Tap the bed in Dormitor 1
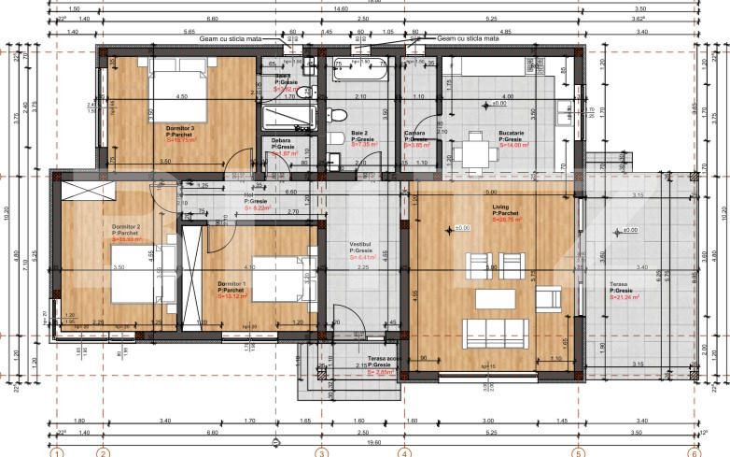click(274, 276)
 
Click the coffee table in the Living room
click(496, 299)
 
